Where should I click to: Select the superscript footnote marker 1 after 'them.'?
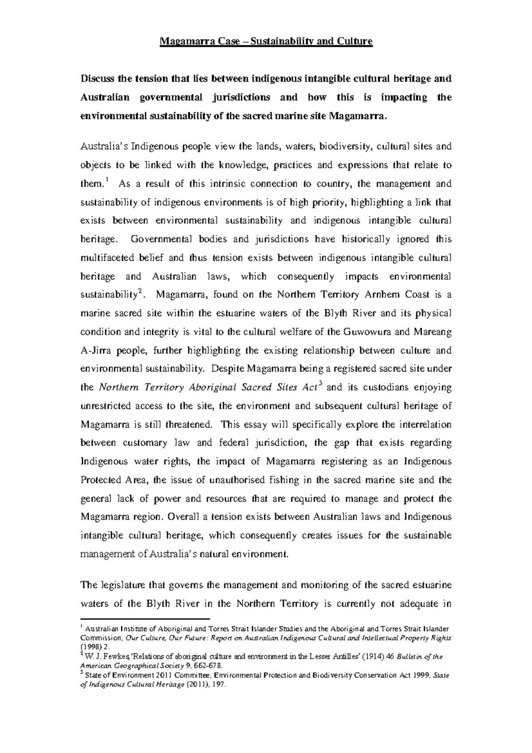coord(107,180)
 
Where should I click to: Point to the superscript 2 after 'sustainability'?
coord(140,290)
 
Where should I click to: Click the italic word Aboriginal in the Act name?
coord(214,387)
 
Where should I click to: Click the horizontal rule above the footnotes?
coord(145,619)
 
